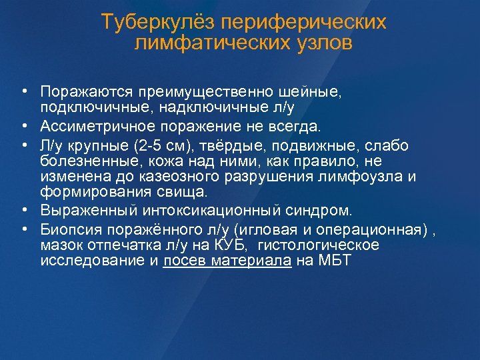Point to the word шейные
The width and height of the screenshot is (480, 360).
pos(313,90)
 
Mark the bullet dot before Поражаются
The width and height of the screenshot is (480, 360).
pos(23,90)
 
